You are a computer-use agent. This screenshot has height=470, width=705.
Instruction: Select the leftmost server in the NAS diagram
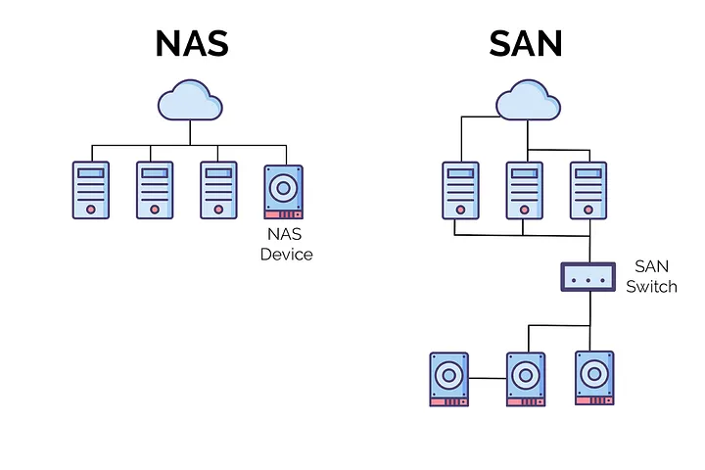click(x=91, y=190)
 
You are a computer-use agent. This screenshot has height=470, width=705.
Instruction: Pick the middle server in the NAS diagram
click(x=155, y=190)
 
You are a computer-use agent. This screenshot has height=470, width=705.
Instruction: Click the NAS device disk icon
click(x=284, y=191)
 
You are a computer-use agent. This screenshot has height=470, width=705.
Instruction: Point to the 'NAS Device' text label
click(x=286, y=244)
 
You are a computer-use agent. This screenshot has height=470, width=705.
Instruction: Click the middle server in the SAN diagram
click(x=523, y=190)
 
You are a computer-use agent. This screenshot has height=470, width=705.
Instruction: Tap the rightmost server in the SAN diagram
click(x=588, y=190)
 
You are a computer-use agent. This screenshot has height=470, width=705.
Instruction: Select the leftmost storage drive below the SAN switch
click(x=449, y=379)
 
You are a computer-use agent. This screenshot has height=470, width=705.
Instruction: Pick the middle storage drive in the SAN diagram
click(x=527, y=379)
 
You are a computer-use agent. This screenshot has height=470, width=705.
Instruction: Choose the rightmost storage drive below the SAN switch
click(x=594, y=379)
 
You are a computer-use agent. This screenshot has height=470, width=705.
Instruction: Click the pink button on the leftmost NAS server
click(x=91, y=209)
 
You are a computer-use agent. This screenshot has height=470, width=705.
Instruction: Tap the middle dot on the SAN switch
click(x=588, y=277)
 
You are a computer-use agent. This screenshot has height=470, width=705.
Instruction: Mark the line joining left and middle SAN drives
click(x=488, y=377)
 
